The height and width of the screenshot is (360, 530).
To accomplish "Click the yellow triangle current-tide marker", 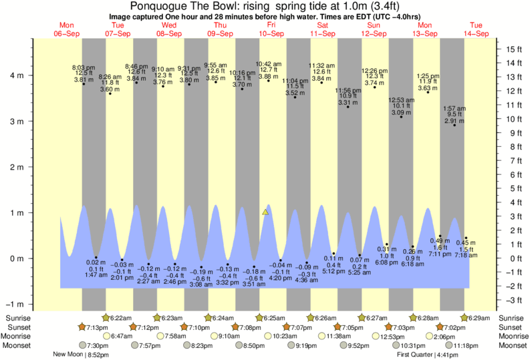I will [265, 212].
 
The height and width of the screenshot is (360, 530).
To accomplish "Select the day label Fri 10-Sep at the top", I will [271, 29].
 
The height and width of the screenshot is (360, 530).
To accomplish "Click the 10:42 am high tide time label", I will [269, 64].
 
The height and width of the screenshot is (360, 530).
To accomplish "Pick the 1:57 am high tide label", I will [454, 108].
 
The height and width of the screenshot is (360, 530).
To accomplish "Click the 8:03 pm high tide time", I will [84, 67].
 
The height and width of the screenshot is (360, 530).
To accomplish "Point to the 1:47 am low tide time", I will [96, 275].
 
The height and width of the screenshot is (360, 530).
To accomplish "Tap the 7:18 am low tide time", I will [466, 255].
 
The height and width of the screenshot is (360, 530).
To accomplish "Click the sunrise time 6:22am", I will [120, 317].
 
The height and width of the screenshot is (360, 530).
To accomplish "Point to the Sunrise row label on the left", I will [17, 317].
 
